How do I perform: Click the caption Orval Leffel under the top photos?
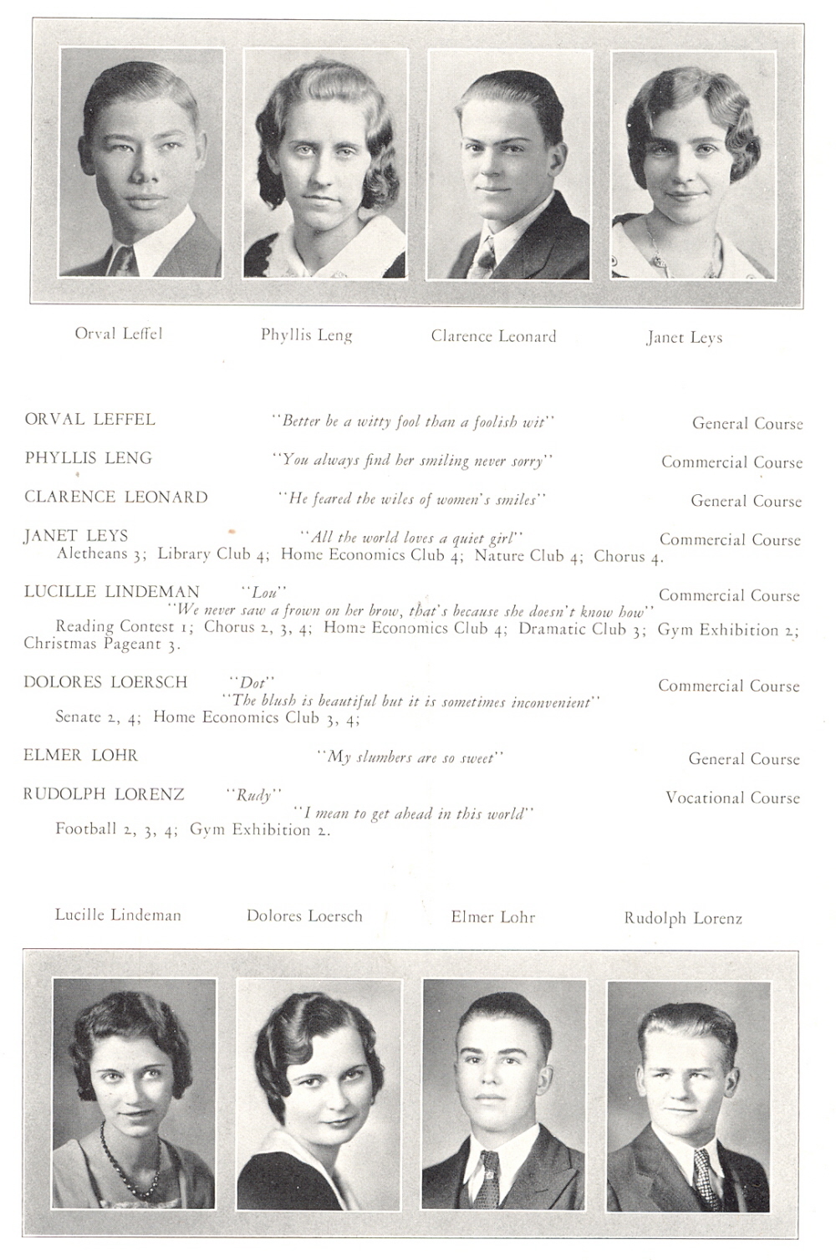[x=119, y=334]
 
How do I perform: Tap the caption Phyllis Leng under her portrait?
[x=306, y=335]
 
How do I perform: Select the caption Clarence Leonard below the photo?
[x=493, y=336]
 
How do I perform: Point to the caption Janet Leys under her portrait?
[x=684, y=338]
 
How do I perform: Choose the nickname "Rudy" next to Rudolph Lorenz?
[x=253, y=795]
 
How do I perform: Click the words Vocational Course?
[x=732, y=798]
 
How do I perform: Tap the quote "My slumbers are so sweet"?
[x=410, y=758]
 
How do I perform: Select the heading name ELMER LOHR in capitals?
[x=80, y=756]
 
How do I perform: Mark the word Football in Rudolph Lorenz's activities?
[x=85, y=829]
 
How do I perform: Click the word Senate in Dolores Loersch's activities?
[x=78, y=717]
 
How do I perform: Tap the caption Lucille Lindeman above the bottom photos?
[x=118, y=915]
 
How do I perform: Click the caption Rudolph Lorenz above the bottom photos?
[x=683, y=918]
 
